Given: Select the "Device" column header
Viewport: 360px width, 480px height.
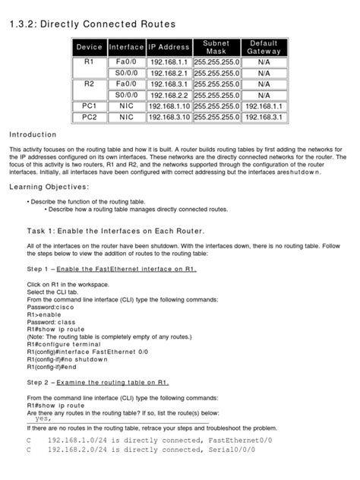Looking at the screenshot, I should click(x=89, y=47).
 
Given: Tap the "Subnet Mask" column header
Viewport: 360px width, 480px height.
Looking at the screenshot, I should click(x=216, y=47).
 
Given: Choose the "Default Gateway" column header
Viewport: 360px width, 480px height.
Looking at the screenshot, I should click(x=264, y=47).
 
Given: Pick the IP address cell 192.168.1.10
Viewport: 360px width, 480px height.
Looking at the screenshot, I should click(x=169, y=106).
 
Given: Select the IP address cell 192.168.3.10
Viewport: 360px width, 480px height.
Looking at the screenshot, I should click(x=169, y=117).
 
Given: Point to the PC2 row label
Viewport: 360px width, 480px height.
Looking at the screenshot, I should click(x=89, y=117).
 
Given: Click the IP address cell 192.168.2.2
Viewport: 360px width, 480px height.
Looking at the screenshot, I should click(x=169, y=95).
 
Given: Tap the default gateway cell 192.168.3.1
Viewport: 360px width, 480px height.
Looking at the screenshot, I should click(x=264, y=117).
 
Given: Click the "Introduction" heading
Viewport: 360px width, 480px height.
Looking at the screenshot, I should click(x=33, y=134).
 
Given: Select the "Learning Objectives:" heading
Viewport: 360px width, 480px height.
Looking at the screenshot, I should click(x=48, y=187).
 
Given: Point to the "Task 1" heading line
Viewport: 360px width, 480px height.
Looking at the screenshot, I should click(x=116, y=230).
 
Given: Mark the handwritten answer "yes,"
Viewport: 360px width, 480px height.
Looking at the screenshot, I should click(x=43, y=418).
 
